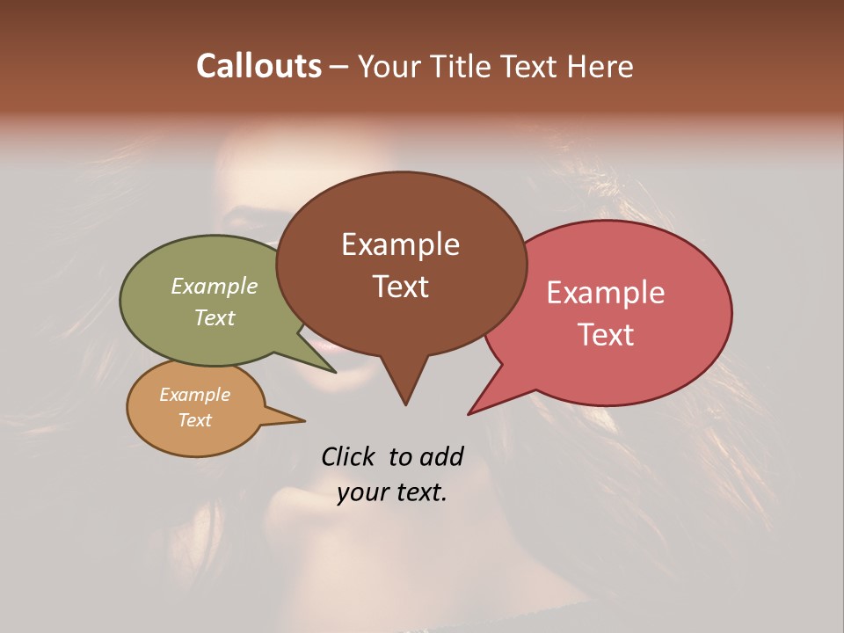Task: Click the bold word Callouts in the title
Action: (x=258, y=66)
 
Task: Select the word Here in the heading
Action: (x=600, y=66)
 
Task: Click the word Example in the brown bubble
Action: (x=400, y=244)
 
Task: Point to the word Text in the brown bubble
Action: (x=401, y=287)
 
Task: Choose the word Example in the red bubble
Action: (x=606, y=293)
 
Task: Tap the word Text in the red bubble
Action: (x=607, y=335)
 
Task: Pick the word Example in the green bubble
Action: (x=215, y=287)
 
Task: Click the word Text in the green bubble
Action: (x=215, y=317)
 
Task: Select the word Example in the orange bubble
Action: (x=195, y=395)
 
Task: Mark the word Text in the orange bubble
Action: (x=195, y=420)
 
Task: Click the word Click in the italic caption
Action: (x=348, y=456)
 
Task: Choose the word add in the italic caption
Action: (x=441, y=456)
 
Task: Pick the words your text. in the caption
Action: (x=392, y=492)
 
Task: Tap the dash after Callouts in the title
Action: (x=339, y=67)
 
